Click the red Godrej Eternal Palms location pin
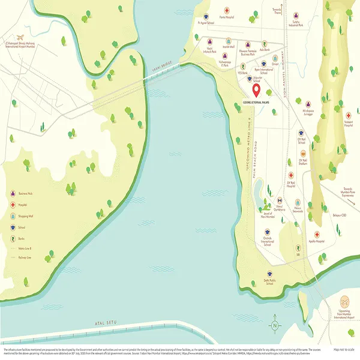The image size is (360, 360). (256, 91)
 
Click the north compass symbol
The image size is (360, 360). (274, 326)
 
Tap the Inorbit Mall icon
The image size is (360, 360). (228, 41)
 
